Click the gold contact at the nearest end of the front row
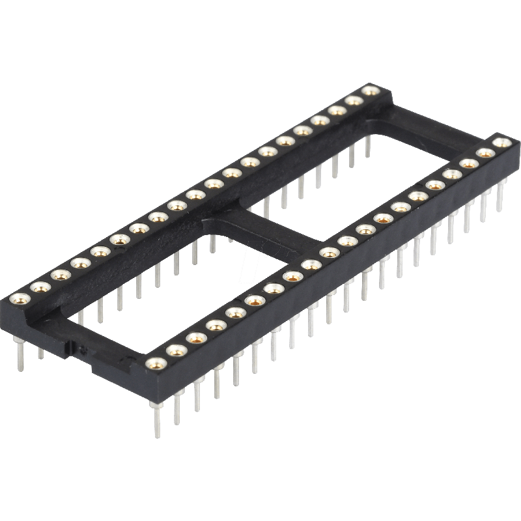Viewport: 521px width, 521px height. pos(154,364)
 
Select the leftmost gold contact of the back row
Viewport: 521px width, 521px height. pos(18,300)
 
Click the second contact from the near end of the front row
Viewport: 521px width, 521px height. pos(175,350)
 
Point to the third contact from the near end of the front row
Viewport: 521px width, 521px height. pos(195,337)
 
